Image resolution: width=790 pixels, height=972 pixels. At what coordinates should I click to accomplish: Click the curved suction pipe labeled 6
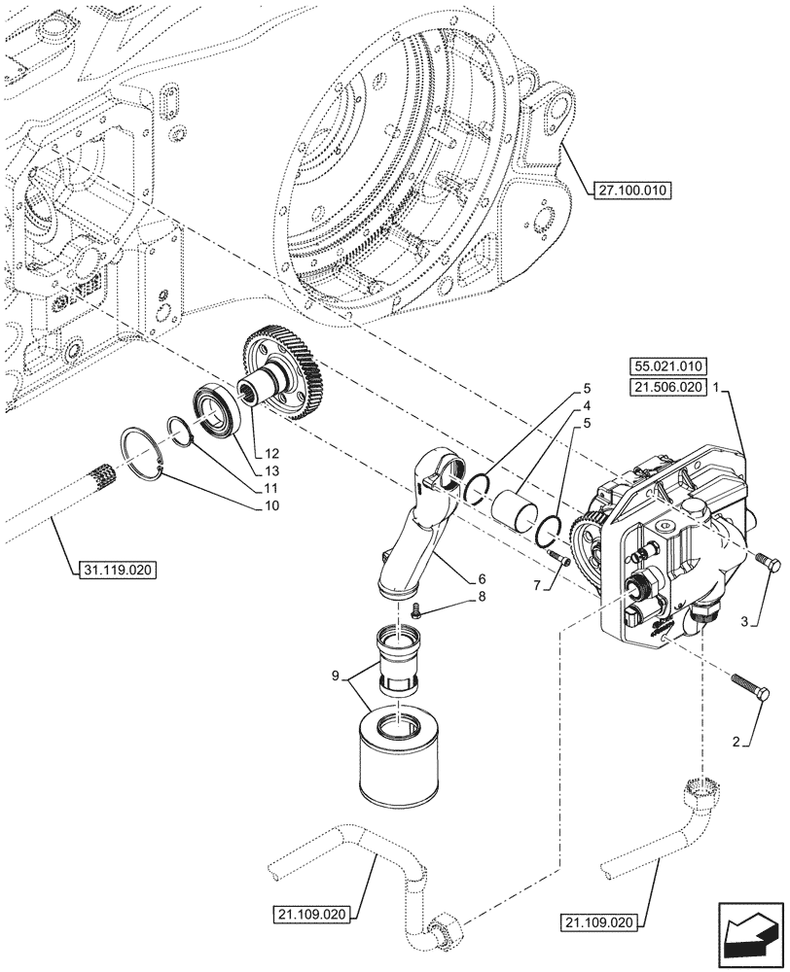(423, 530)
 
